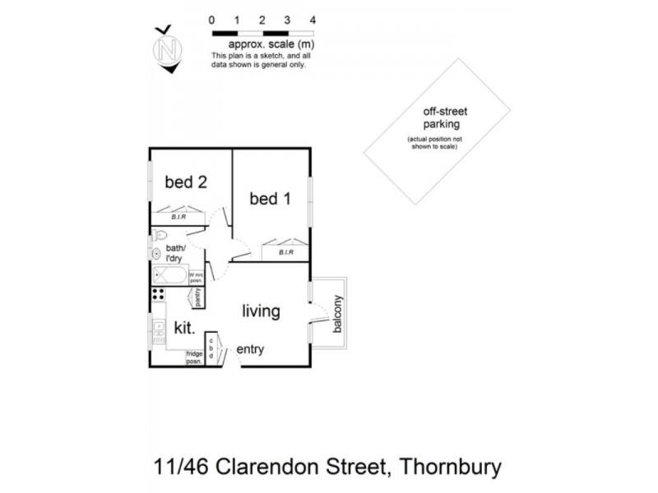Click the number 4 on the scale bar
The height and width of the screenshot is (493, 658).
(312, 19)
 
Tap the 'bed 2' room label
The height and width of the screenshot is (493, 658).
(185, 182)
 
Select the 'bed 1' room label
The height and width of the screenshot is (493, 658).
(269, 199)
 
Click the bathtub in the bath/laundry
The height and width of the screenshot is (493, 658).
(169, 275)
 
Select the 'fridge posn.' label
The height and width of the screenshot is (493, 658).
(194, 357)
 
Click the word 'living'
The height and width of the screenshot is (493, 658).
(262, 312)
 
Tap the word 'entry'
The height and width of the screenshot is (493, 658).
(250, 350)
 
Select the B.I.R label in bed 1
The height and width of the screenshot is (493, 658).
(286, 252)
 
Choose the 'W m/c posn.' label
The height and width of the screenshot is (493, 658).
(197, 277)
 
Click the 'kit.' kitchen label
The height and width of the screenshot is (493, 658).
(184, 329)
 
